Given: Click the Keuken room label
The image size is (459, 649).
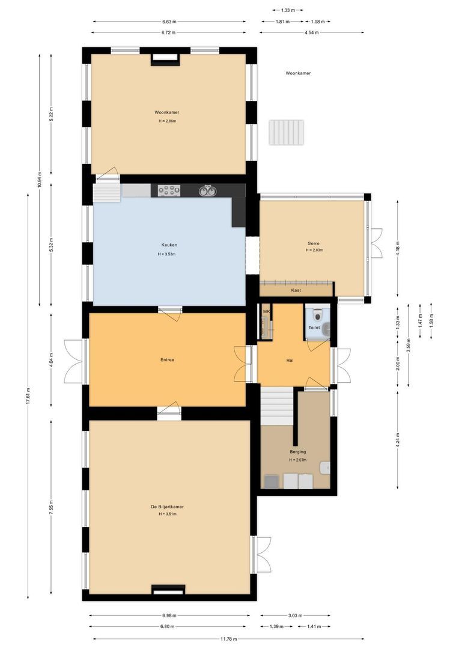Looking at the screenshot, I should [169, 245].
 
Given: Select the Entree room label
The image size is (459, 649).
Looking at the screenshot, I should [167, 360].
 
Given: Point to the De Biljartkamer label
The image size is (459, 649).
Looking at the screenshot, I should [168, 507].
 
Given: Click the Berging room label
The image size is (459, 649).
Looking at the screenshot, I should [297, 452].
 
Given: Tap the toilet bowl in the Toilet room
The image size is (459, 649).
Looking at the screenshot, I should [317, 314].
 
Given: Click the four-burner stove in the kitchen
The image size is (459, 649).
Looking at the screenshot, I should [169, 190].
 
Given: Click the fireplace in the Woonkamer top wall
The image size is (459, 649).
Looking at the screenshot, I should [165, 58].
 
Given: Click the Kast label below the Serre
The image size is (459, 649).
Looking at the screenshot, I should [296, 290].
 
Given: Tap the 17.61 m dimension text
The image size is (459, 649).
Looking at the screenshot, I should [28, 397].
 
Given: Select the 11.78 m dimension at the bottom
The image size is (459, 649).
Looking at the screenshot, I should [228, 639].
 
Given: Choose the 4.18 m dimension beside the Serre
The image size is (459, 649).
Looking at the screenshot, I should [397, 248].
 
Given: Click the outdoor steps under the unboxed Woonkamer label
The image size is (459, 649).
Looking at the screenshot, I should [287, 132].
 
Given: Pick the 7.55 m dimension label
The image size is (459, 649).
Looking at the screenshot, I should [51, 508].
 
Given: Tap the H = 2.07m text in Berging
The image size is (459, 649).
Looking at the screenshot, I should [297, 460].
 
